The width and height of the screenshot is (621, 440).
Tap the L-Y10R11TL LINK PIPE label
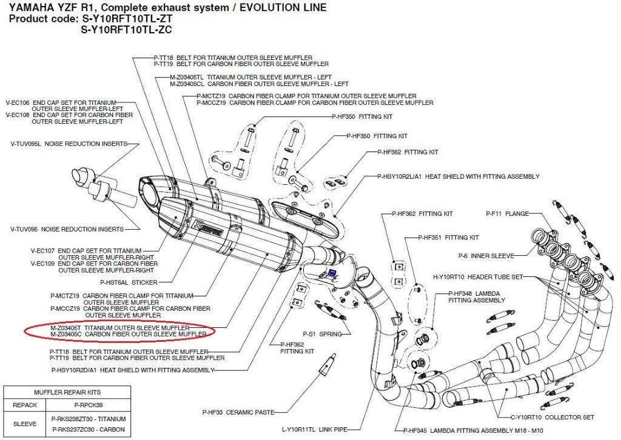pyautogui.click(x=315, y=429)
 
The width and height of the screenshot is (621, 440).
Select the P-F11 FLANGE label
pyautogui.click(x=508, y=214)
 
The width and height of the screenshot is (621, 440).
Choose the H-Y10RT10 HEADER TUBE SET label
pyautogui.click(x=478, y=277)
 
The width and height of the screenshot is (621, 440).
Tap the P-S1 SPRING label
pyautogui.click(x=323, y=334)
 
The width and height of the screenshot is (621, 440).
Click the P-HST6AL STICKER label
pyautogui.click(x=129, y=282)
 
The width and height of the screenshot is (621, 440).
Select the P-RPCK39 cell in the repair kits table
pyautogui.click(x=89, y=405)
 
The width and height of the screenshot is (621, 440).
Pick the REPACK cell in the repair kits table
pyautogui.click(x=25, y=405)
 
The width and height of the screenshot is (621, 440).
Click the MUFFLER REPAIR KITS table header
pyautogui.click(x=67, y=393)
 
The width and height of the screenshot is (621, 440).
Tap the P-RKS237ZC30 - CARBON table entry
pyautogui.click(x=89, y=429)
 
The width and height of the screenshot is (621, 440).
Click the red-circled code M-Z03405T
pyautogui.click(x=65, y=328)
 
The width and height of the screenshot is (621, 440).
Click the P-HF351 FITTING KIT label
pyautogui.click(x=448, y=238)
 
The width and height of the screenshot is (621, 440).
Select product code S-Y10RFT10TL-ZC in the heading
pyautogui.click(x=126, y=30)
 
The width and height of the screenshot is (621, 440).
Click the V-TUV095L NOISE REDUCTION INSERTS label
pyautogui.click(x=69, y=144)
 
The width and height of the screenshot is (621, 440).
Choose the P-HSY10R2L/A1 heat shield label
pyautogui.click(x=458, y=176)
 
